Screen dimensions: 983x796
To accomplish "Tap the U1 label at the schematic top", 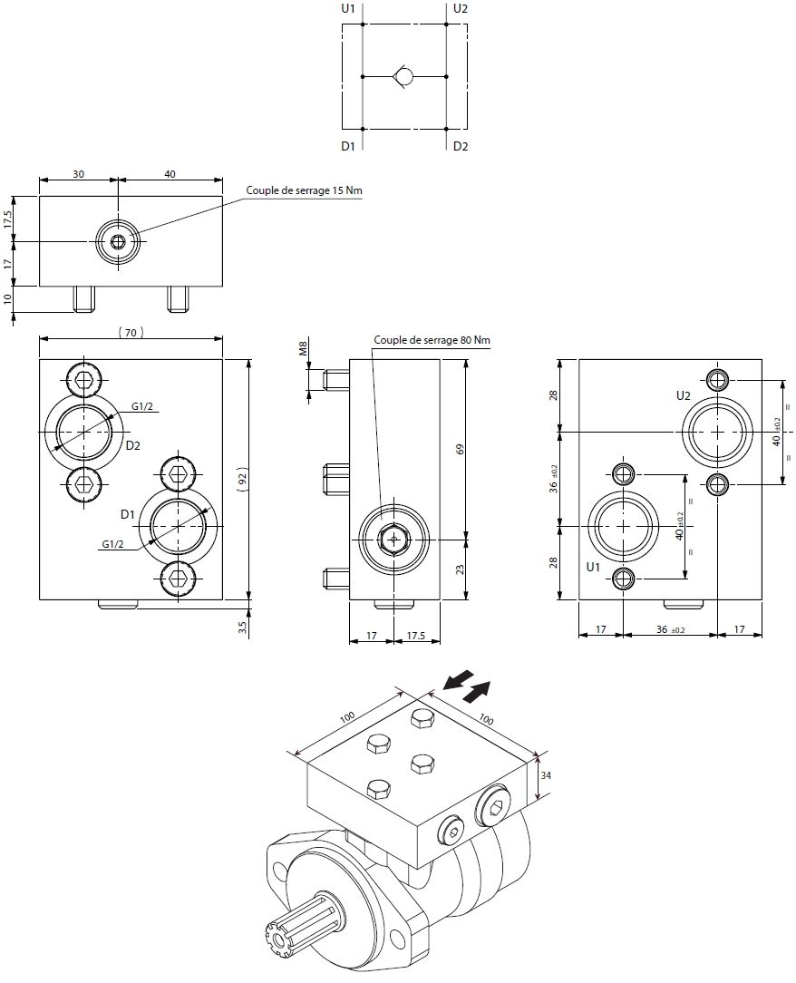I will point(348,9).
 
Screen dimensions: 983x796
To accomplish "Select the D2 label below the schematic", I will point(461,146).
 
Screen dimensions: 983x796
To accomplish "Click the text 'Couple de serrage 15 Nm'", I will point(304,190).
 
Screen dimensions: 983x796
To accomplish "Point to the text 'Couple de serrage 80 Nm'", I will point(432,340).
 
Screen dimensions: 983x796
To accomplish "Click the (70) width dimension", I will point(131,333).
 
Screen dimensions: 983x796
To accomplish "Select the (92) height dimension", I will point(241,480).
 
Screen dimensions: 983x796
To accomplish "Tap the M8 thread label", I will point(305,350).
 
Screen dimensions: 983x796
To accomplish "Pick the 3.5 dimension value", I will point(241,627).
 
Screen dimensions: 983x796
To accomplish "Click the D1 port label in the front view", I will point(128,514).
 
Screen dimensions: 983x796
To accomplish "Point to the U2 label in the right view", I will point(684,396).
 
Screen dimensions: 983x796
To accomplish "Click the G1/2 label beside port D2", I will point(142,406).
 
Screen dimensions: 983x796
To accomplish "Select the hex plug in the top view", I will point(119,241).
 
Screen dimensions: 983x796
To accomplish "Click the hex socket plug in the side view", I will point(393,539).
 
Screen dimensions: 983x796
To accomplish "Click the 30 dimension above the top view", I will point(78,175).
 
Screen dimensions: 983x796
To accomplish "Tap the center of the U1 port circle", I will point(624,525).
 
